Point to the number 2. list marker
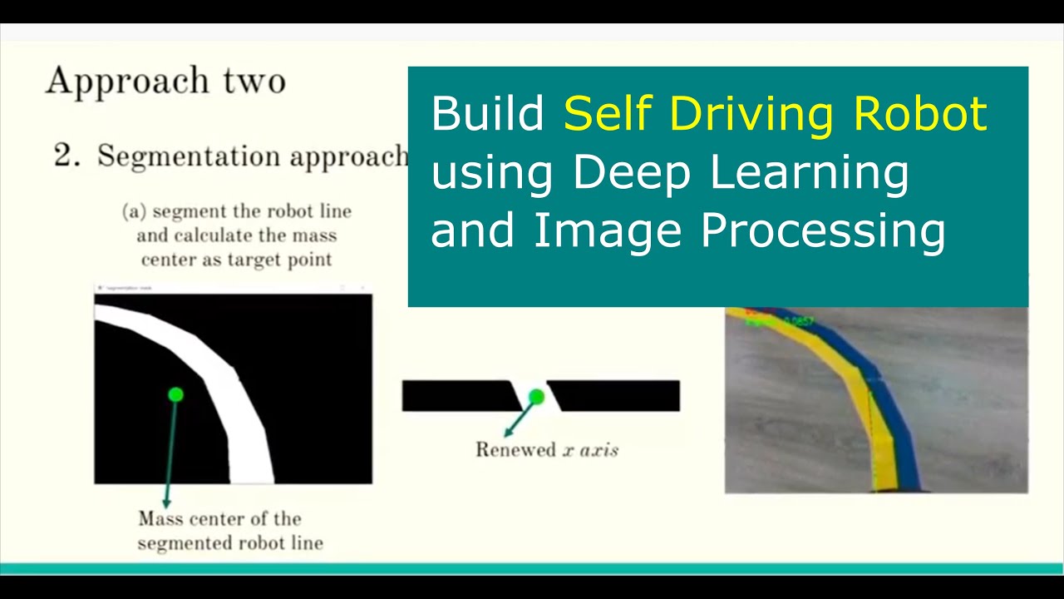66,156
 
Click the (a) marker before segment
134,211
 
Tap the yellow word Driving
756,115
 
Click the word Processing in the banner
823,231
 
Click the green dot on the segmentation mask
175,394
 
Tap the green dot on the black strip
536,397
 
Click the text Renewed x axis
546,450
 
